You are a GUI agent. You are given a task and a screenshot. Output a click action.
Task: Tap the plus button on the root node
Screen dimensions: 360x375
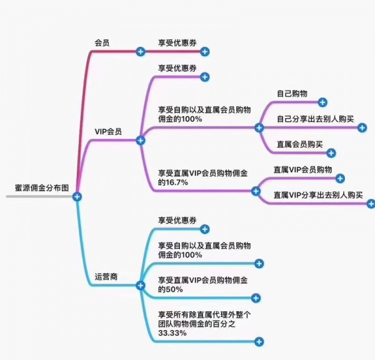pos(77,196)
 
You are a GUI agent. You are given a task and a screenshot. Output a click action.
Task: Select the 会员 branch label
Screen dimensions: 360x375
pos(102,42)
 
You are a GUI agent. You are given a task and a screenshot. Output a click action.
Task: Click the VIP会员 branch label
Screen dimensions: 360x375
pos(108,132)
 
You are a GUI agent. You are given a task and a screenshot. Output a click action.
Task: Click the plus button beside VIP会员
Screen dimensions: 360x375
pos(141,141)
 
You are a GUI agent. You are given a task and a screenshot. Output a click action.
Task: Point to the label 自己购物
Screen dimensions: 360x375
pos(292,93)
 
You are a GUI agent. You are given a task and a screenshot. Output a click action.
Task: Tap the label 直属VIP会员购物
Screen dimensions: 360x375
pos(302,169)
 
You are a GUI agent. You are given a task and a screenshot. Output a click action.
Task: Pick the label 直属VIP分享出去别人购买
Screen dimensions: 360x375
pos(319,194)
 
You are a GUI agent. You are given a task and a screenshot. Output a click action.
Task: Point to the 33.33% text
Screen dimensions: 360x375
pos(172,333)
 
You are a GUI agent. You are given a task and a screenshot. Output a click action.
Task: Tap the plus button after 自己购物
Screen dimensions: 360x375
pos(322,102)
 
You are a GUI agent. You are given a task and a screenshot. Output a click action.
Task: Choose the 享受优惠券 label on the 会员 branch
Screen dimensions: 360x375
pos(177,42)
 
